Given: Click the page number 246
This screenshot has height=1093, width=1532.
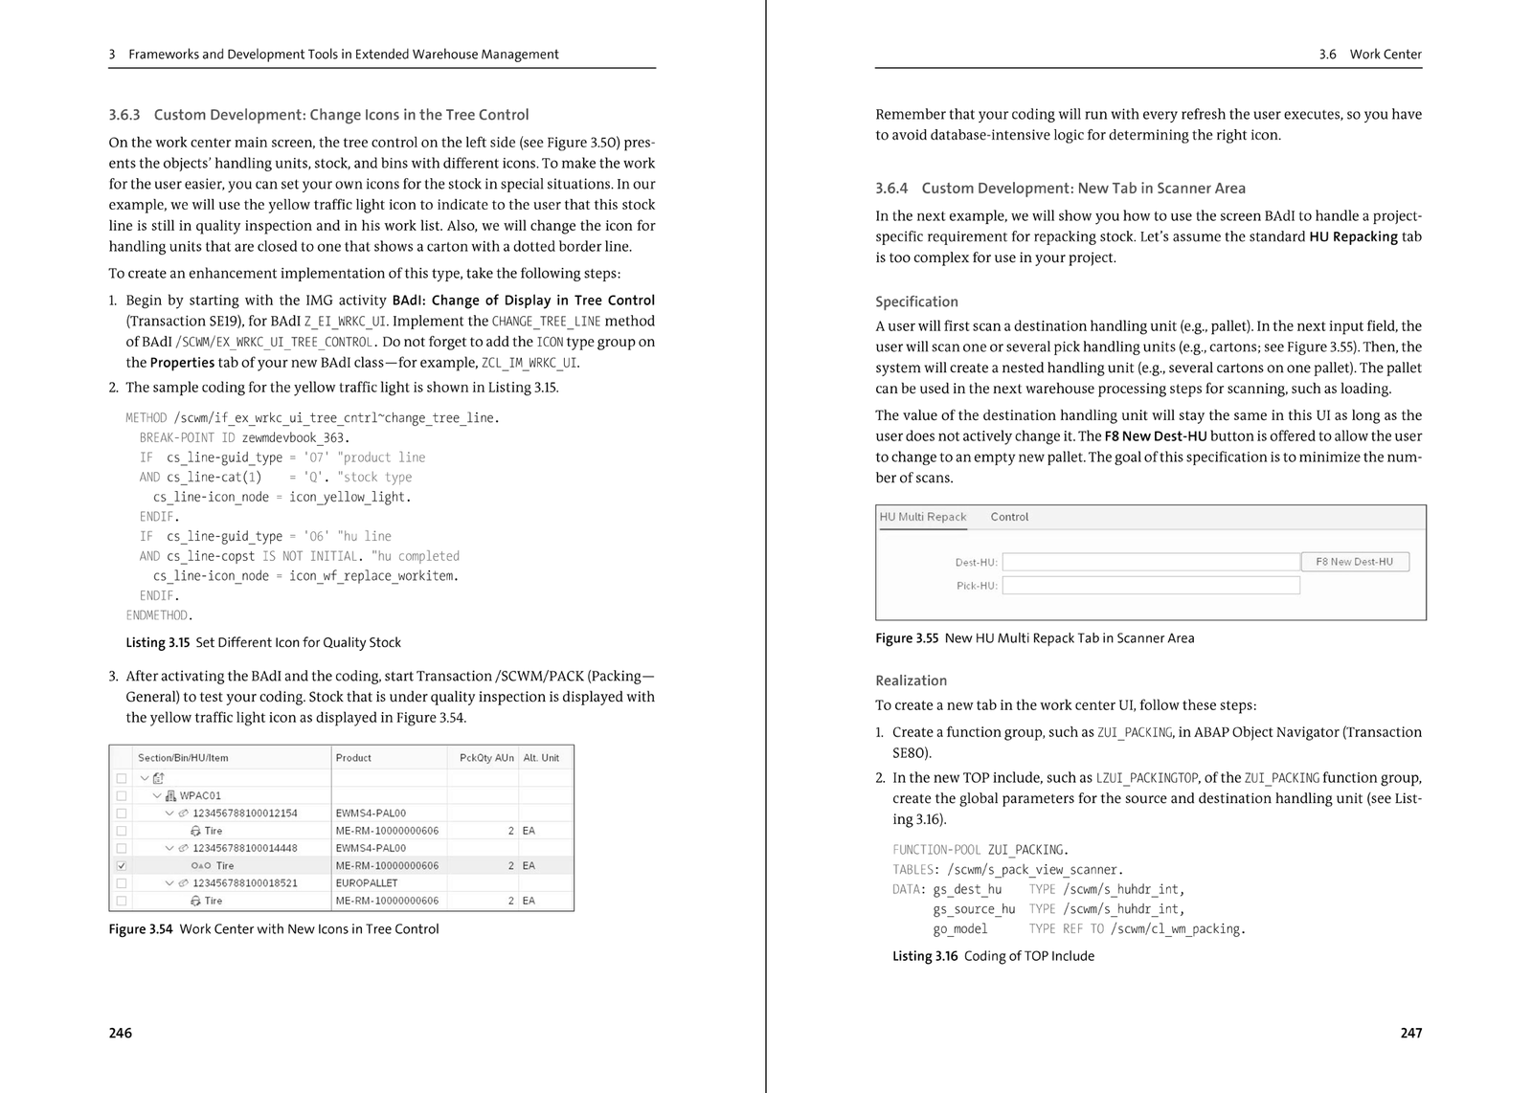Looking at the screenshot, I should (121, 1033).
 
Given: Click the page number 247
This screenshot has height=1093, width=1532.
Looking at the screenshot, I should (1410, 1033).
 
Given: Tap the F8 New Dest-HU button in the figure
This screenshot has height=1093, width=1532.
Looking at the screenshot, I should (1354, 562).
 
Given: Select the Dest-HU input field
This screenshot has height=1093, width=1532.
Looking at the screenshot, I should (1150, 562).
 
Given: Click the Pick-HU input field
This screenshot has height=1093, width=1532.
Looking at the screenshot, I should (1150, 585).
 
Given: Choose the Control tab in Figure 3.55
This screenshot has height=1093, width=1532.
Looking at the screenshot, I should (1009, 517).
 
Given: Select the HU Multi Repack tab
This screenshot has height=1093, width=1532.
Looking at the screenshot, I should (923, 517).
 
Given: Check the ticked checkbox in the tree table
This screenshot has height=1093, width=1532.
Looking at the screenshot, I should (122, 865).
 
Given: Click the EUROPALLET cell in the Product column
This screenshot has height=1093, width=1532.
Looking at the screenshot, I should (367, 882).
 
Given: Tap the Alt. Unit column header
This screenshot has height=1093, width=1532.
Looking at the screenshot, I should (541, 758).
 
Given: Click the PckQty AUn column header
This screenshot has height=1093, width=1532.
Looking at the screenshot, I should (486, 758).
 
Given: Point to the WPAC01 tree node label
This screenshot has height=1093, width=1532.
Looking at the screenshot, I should (200, 795).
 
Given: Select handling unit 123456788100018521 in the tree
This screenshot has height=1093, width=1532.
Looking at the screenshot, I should (245, 882).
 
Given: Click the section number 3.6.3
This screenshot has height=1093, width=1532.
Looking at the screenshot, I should (124, 115).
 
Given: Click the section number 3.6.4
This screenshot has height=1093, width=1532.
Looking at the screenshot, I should (891, 189).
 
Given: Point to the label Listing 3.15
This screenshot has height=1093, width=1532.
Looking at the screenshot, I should (158, 642).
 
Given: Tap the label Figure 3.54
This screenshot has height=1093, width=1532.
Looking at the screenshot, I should (141, 928).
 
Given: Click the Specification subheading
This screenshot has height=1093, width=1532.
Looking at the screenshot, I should (916, 301).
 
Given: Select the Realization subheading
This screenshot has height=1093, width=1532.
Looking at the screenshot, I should (911, 680).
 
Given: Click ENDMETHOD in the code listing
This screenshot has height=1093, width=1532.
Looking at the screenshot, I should (159, 615).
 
